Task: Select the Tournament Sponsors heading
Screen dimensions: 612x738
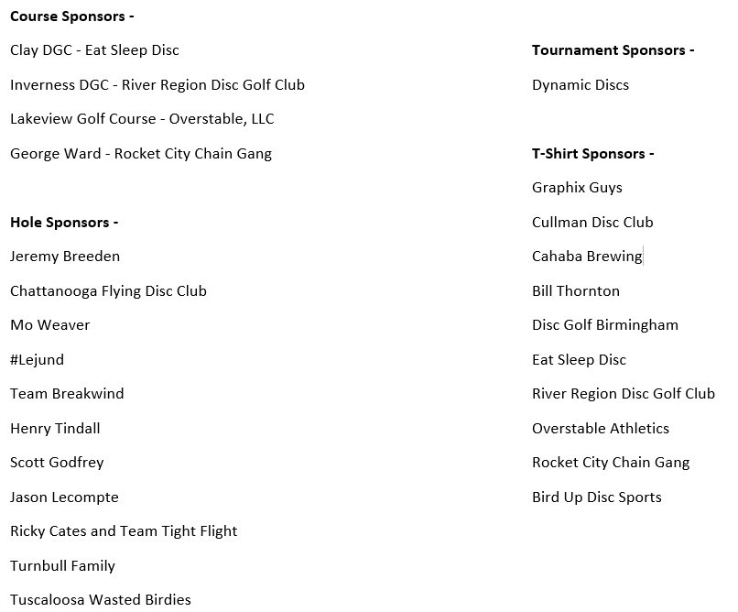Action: pyautogui.click(x=613, y=50)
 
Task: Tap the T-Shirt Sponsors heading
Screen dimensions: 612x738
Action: pyautogui.click(x=592, y=154)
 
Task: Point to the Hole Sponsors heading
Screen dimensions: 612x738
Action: pyautogui.click(x=64, y=223)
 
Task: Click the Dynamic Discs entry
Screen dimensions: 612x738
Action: pyautogui.click(x=580, y=85)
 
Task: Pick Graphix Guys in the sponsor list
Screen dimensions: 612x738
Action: pyautogui.click(x=577, y=188)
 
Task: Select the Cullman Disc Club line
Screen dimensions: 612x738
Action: pyautogui.click(x=592, y=223)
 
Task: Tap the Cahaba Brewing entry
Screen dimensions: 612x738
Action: pyautogui.click(x=587, y=257)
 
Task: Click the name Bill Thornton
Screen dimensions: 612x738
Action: pyautogui.click(x=576, y=291)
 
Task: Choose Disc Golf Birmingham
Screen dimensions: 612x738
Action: pyautogui.click(x=605, y=325)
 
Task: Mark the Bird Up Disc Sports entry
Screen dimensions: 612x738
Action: pyautogui.click(x=596, y=497)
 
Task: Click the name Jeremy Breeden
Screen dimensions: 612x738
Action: pyautogui.click(x=65, y=257)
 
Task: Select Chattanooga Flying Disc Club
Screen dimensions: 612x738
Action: pyautogui.click(x=108, y=291)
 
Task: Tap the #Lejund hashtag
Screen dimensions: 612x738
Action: pyautogui.click(x=37, y=360)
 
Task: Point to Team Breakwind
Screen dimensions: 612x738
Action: pyautogui.click(x=67, y=394)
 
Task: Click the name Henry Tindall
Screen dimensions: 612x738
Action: pyautogui.click(x=55, y=429)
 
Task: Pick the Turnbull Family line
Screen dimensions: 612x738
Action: pyautogui.click(x=62, y=566)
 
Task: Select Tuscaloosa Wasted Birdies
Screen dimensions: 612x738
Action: pyautogui.click(x=101, y=600)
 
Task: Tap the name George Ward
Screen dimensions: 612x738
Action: pyautogui.click(x=55, y=154)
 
